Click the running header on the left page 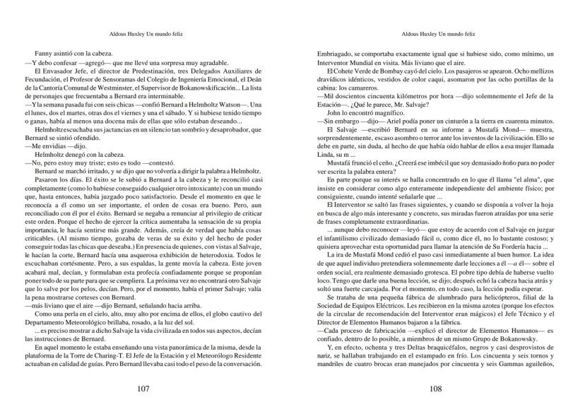148,33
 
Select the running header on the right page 437,33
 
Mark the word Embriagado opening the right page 334,54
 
